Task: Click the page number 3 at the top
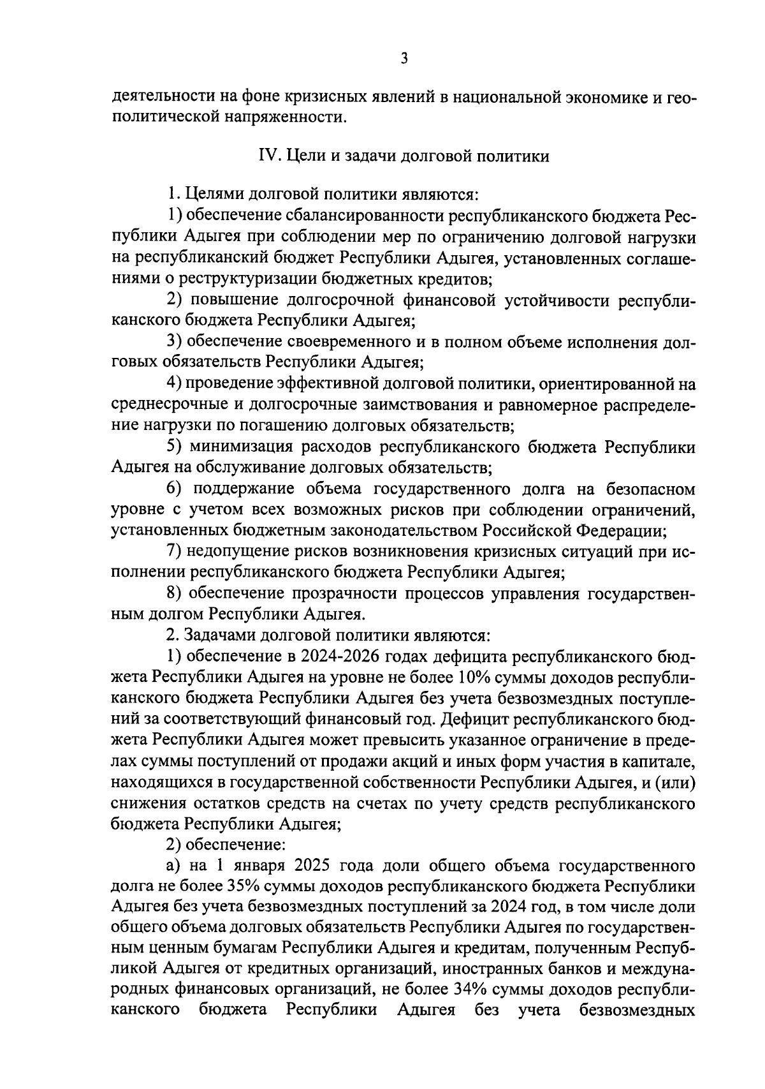tap(404, 59)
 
